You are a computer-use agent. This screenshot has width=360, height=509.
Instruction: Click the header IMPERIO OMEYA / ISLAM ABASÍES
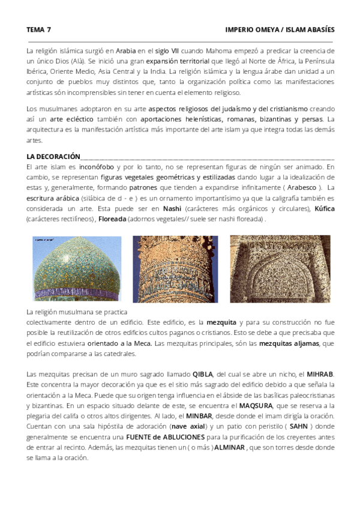click(x=280, y=29)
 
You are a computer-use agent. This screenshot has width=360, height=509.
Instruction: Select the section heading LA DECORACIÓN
click(x=53, y=156)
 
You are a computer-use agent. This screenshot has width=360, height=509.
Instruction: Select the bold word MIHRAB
click(x=320, y=374)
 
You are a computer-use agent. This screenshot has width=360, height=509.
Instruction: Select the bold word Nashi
click(x=172, y=209)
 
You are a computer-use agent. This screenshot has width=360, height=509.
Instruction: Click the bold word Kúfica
click(x=324, y=209)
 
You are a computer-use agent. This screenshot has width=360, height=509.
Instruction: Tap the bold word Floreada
click(x=113, y=219)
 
